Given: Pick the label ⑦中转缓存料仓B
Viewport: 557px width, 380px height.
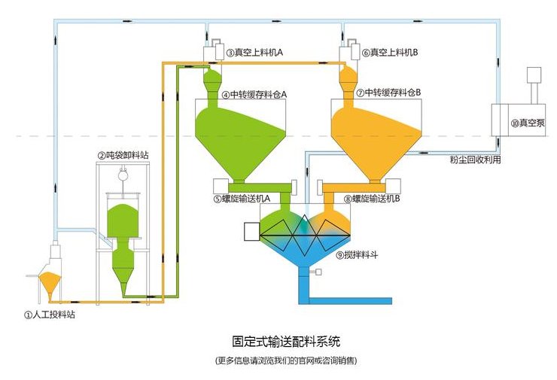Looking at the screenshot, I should coord(388,93).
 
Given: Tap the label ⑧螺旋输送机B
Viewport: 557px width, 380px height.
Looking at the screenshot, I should coord(372,199).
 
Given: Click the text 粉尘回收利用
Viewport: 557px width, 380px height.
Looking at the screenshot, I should coord(475,160).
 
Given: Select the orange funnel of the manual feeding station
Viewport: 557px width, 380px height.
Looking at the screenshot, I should coord(50,284).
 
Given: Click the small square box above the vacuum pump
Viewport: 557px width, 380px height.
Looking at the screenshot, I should coord(534,76).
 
